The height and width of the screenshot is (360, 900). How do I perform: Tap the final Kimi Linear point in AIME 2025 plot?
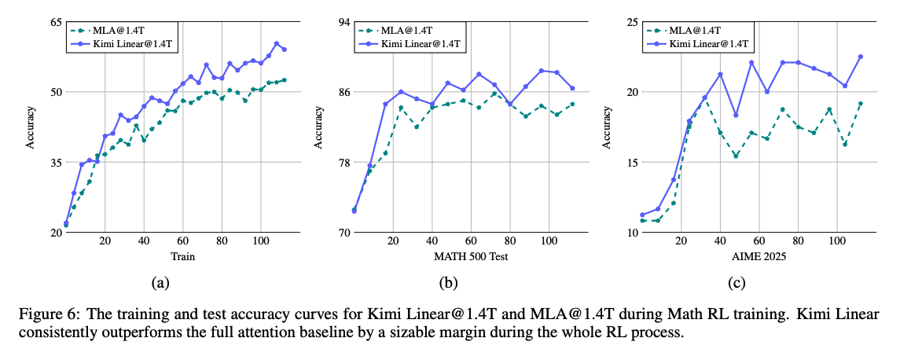click(x=861, y=57)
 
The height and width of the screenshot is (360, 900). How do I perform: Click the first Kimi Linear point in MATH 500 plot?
click(x=354, y=211)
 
